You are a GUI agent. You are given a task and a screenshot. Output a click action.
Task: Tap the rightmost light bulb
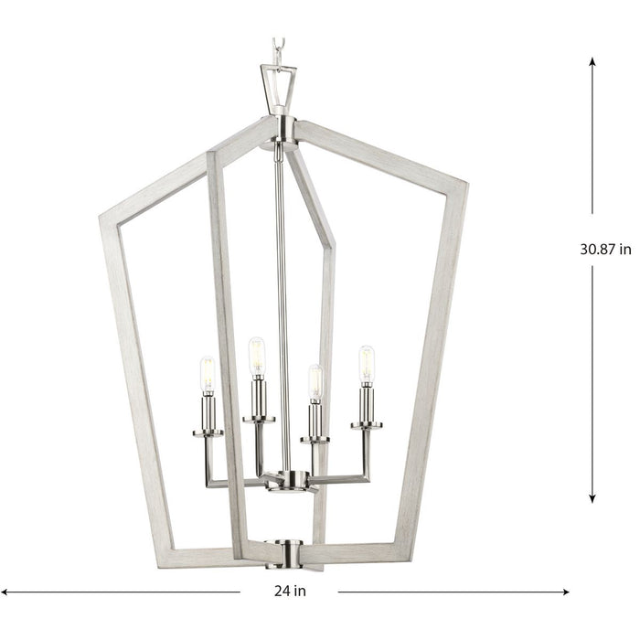coord(367,363)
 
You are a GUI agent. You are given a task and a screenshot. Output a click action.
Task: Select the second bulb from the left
coord(257,356)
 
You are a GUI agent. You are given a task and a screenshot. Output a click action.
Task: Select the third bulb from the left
coord(315,382)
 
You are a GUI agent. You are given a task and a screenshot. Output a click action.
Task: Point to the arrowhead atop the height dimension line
coord(592,62)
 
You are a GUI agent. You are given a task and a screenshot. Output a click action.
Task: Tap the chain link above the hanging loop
coord(279,47)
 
